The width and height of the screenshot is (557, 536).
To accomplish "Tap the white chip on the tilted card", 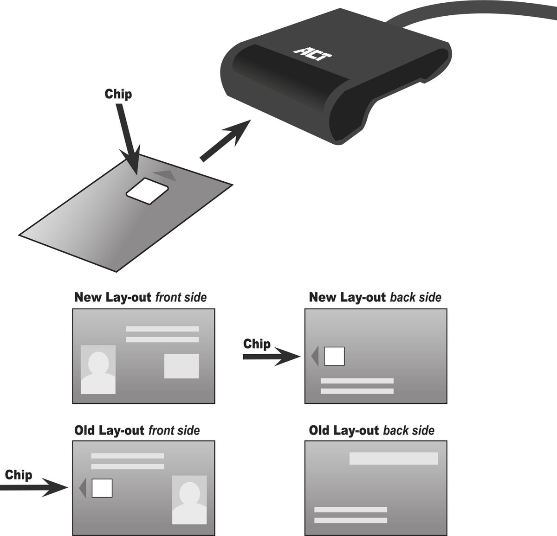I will (148, 190).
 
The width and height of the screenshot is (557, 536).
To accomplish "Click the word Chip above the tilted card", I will (118, 94).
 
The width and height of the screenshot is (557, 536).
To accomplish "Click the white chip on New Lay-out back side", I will (334, 356).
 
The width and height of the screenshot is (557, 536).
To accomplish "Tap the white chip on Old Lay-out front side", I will (102, 488).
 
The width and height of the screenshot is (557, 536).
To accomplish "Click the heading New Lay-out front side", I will (140, 297).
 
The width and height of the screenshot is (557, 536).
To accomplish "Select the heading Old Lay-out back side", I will (371, 431).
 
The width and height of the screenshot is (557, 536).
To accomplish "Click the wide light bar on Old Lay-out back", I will (394, 458).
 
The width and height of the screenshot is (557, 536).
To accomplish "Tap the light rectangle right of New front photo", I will (181, 366).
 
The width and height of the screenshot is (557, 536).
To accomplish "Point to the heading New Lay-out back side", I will (375, 297).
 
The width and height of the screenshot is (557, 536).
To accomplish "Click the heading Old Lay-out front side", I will (137, 431).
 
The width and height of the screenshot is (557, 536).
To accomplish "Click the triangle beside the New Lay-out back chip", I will (315, 356).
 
